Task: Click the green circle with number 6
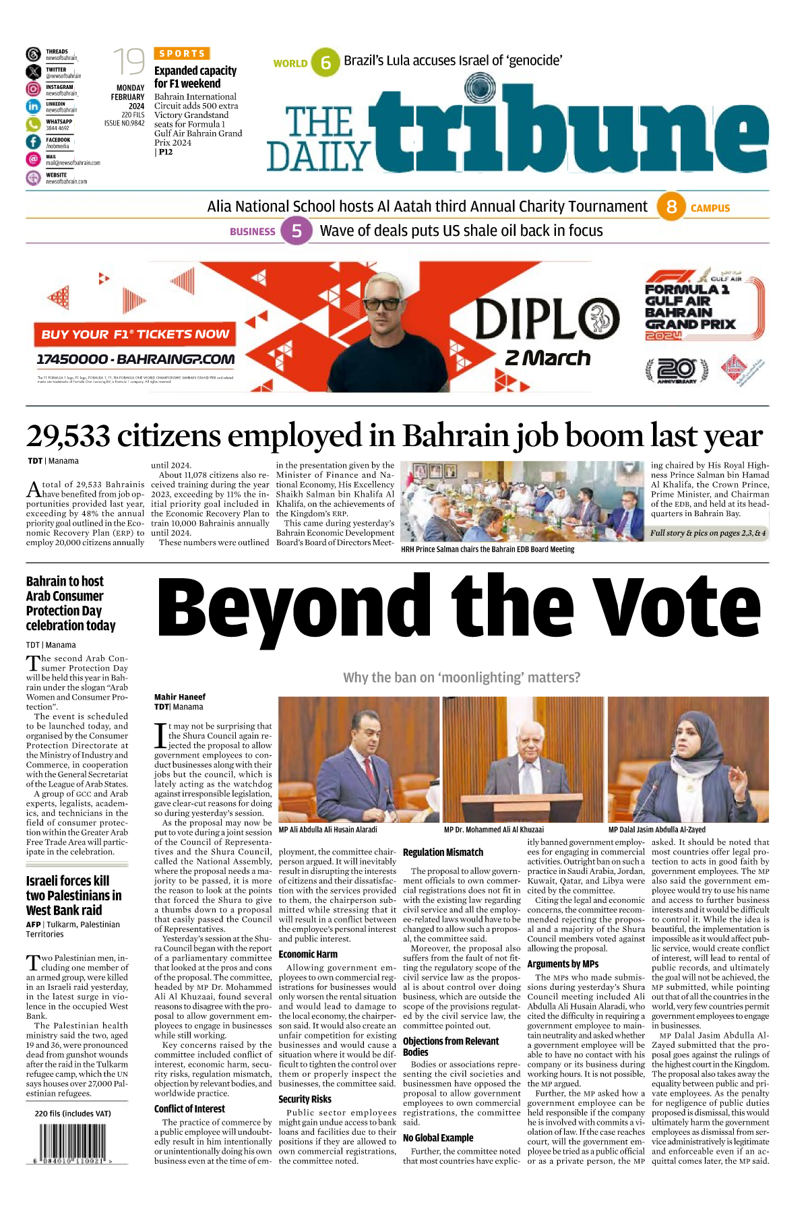(325, 63)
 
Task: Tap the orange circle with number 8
(671, 207)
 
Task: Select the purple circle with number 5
(296, 231)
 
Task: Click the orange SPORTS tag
(182, 53)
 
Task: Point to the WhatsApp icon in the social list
(33, 124)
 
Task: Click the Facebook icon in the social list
(33, 142)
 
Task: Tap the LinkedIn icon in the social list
(33, 106)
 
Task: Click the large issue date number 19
(128, 62)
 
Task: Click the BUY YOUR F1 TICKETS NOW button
(135, 334)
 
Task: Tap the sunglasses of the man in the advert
(381, 303)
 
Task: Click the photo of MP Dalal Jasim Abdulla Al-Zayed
(688, 759)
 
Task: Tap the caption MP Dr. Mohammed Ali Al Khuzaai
(493, 830)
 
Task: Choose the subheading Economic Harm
(308, 954)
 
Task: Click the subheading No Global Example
(438, 1138)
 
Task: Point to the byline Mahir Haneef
(180, 697)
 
